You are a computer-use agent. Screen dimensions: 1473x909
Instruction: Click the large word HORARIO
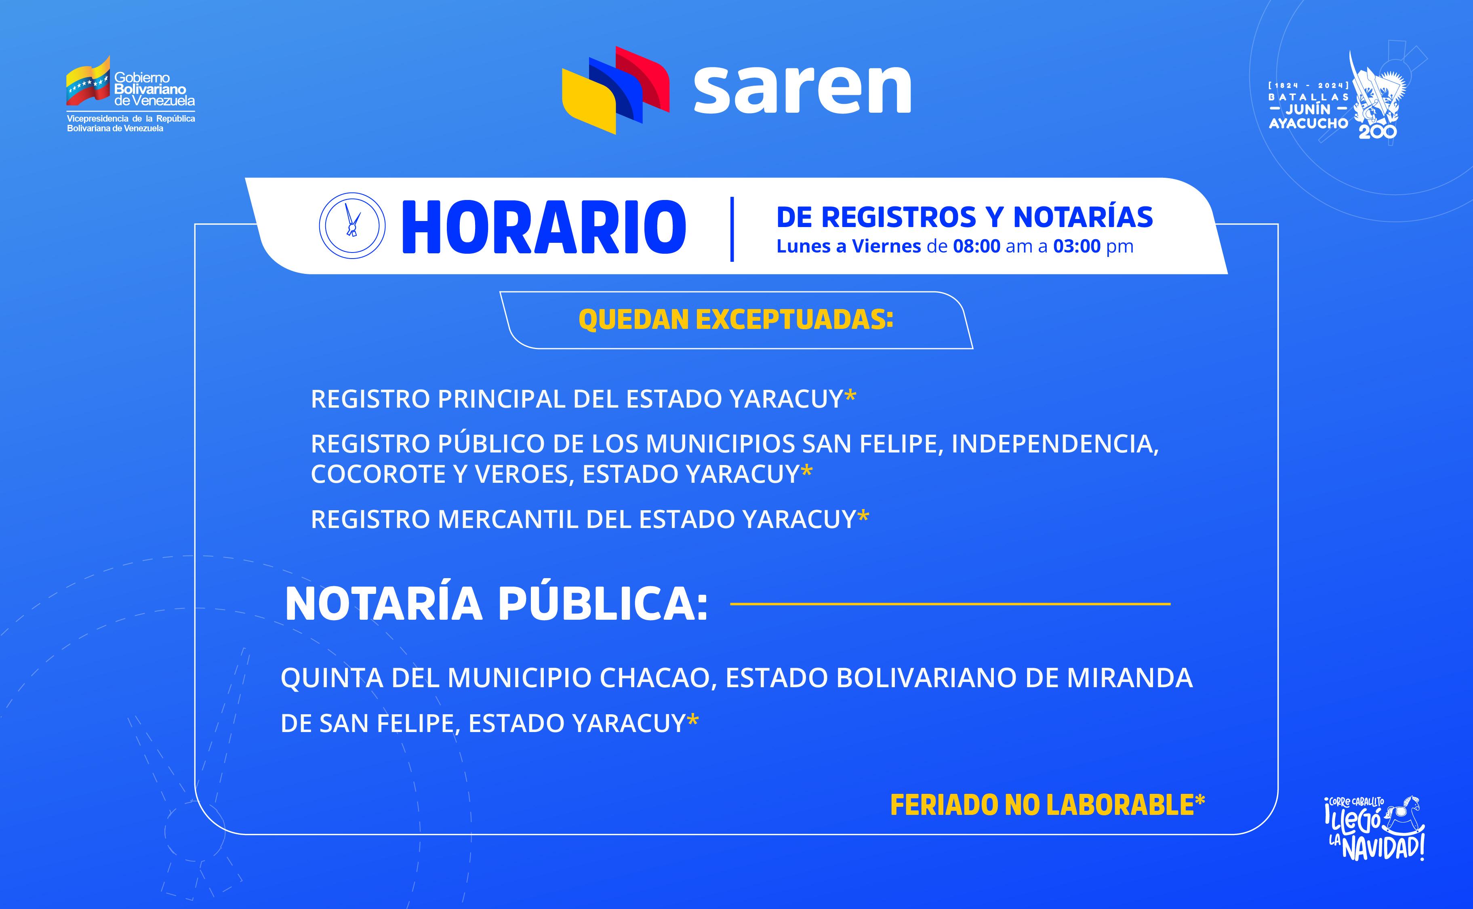click(543, 227)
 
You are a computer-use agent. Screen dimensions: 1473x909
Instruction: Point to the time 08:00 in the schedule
click(976, 246)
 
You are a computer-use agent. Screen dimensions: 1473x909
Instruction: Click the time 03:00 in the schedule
click(1077, 246)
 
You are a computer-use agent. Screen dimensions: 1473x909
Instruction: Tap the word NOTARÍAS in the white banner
click(1083, 217)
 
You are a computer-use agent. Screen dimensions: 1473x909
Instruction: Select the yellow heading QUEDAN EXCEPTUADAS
click(736, 320)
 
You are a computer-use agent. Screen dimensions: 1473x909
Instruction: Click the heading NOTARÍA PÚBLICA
click(497, 604)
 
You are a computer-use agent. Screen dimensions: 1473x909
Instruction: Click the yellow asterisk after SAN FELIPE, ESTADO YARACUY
click(692, 719)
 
